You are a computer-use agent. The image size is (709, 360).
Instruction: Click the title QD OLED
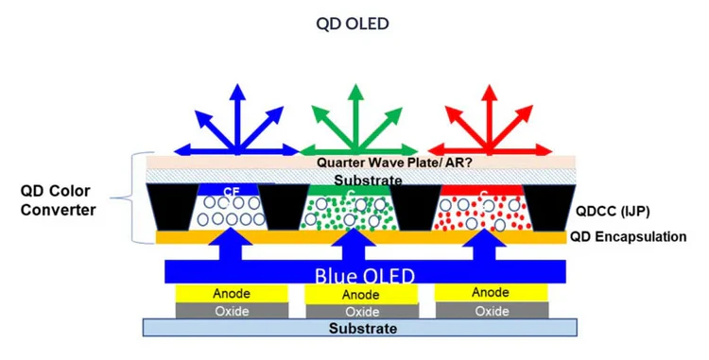click(353, 23)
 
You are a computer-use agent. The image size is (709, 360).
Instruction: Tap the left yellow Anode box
click(231, 294)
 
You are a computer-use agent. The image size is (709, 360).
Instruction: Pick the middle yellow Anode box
click(361, 295)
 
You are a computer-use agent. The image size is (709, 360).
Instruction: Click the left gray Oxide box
click(231, 311)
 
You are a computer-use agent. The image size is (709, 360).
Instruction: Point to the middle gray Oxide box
click(361, 312)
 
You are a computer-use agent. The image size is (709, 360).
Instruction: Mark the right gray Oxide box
click(492, 311)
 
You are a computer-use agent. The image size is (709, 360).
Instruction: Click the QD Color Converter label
click(59, 199)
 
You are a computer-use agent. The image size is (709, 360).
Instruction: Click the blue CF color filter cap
click(231, 190)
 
